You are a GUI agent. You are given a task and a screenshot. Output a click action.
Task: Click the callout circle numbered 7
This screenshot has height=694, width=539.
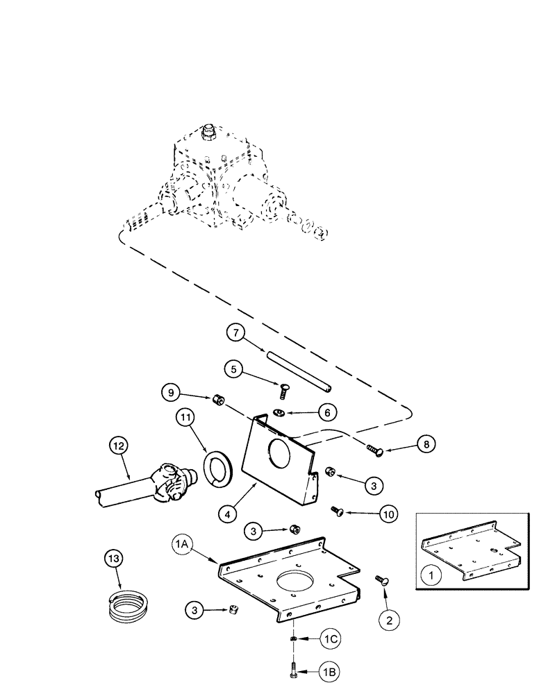click(x=237, y=334)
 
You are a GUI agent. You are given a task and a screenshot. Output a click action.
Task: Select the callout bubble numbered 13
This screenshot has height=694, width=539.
click(x=115, y=558)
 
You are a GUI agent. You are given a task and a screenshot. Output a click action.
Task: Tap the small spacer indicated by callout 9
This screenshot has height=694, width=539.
click(x=217, y=400)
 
